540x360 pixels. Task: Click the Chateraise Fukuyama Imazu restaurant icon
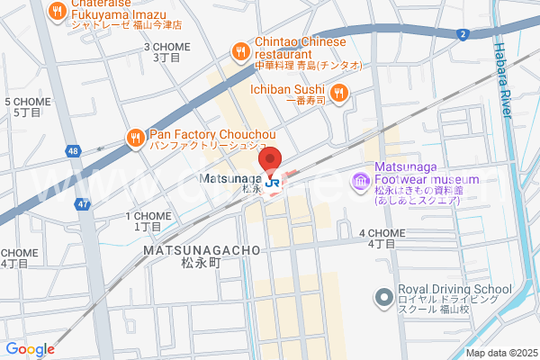pos(58,11)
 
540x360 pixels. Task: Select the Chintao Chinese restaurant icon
pos(239,51)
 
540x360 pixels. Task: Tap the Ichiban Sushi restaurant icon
pos(338,91)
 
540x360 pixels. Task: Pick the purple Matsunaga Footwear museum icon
pos(361,183)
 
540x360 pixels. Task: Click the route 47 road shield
pos(83,205)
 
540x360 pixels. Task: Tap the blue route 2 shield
pos(462,34)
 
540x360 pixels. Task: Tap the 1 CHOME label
pos(147,220)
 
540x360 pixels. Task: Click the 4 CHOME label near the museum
pos(382,238)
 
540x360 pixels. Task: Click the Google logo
pos(30,349)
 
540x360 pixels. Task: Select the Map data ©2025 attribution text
pos(499,353)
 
